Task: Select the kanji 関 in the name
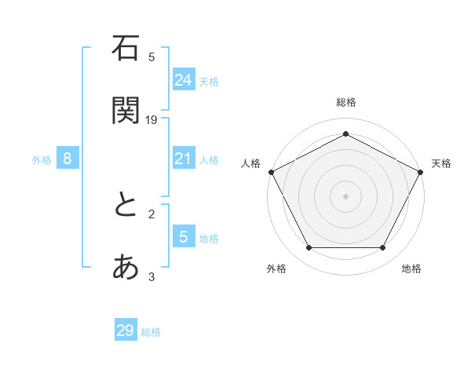pyautogui.click(x=126, y=110)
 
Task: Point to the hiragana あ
pyautogui.click(x=126, y=268)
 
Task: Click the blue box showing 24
pyautogui.click(x=183, y=79)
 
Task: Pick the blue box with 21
pyautogui.click(x=183, y=159)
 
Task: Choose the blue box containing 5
pyautogui.click(x=183, y=237)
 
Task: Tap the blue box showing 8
pyautogui.click(x=68, y=159)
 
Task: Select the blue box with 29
pyautogui.click(x=126, y=331)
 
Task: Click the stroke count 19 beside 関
pyautogui.click(x=152, y=119)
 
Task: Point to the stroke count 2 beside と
pyautogui.click(x=152, y=214)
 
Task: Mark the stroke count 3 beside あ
pyautogui.click(x=152, y=276)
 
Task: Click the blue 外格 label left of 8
pyautogui.click(x=42, y=160)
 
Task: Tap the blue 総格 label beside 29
pyautogui.click(x=151, y=332)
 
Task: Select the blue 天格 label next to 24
pyautogui.click(x=208, y=81)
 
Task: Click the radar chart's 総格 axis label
pyautogui.click(x=345, y=102)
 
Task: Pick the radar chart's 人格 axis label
pyautogui.click(x=250, y=163)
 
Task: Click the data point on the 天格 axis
pyautogui.click(x=421, y=171)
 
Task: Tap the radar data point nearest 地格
pyautogui.click(x=383, y=248)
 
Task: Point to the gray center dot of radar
pyautogui.click(x=345, y=195)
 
